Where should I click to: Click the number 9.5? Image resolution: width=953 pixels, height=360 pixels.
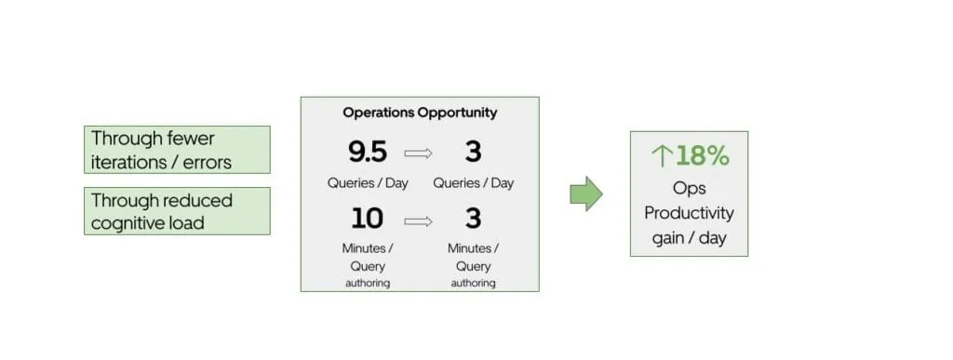(x=368, y=152)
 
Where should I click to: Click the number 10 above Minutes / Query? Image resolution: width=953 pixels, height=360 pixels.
(x=368, y=220)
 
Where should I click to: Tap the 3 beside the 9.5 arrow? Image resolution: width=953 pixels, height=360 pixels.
(x=473, y=152)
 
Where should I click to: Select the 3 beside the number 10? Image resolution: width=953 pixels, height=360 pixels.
(x=473, y=220)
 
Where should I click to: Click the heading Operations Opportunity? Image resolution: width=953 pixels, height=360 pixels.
(x=420, y=113)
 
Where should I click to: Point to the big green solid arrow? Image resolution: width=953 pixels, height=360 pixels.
(x=586, y=193)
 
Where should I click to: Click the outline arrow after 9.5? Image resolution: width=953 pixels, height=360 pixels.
(x=420, y=153)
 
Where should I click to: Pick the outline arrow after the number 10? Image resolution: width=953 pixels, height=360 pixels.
(x=420, y=221)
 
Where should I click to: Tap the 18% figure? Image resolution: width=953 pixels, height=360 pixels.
(x=703, y=156)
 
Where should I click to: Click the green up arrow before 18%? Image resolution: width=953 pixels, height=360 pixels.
(x=662, y=156)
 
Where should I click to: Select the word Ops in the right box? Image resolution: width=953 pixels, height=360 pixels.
(x=689, y=188)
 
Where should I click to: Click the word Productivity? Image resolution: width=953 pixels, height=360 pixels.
(x=689, y=213)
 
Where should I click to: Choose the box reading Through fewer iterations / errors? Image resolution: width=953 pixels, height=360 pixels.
(x=177, y=149)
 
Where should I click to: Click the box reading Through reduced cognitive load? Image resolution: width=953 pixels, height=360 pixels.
(x=177, y=211)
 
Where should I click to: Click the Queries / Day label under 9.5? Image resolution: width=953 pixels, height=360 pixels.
(x=368, y=183)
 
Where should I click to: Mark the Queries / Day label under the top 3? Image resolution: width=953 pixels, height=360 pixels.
(x=473, y=183)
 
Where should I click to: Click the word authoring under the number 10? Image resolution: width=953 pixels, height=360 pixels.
(x=368, y=283)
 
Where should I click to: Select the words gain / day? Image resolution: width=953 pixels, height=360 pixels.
(x=689, y=238)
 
